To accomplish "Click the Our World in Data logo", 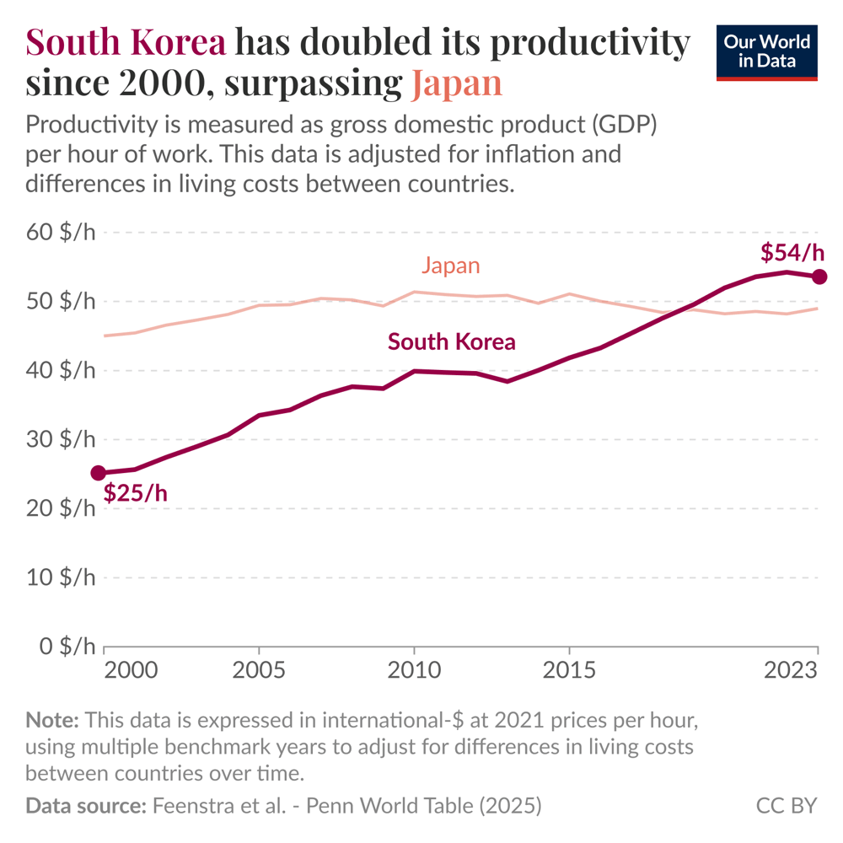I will (766, 52).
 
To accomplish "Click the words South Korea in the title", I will (126, 43).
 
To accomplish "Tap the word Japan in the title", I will (457, 83).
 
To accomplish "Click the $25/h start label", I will (135, 493).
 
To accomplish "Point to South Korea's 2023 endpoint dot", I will (819, 277).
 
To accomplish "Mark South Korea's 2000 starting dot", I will (99, 474).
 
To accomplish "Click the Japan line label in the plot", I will (450, 266).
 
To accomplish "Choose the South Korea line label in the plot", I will (451, 341).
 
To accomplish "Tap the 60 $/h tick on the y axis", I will (62, 233).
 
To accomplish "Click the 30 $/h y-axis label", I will (62, 440).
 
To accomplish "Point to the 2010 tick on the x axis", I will (414, 671).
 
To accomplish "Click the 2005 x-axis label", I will (259, 671).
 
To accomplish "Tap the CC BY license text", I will (786, 806).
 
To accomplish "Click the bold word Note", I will (52, 721).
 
